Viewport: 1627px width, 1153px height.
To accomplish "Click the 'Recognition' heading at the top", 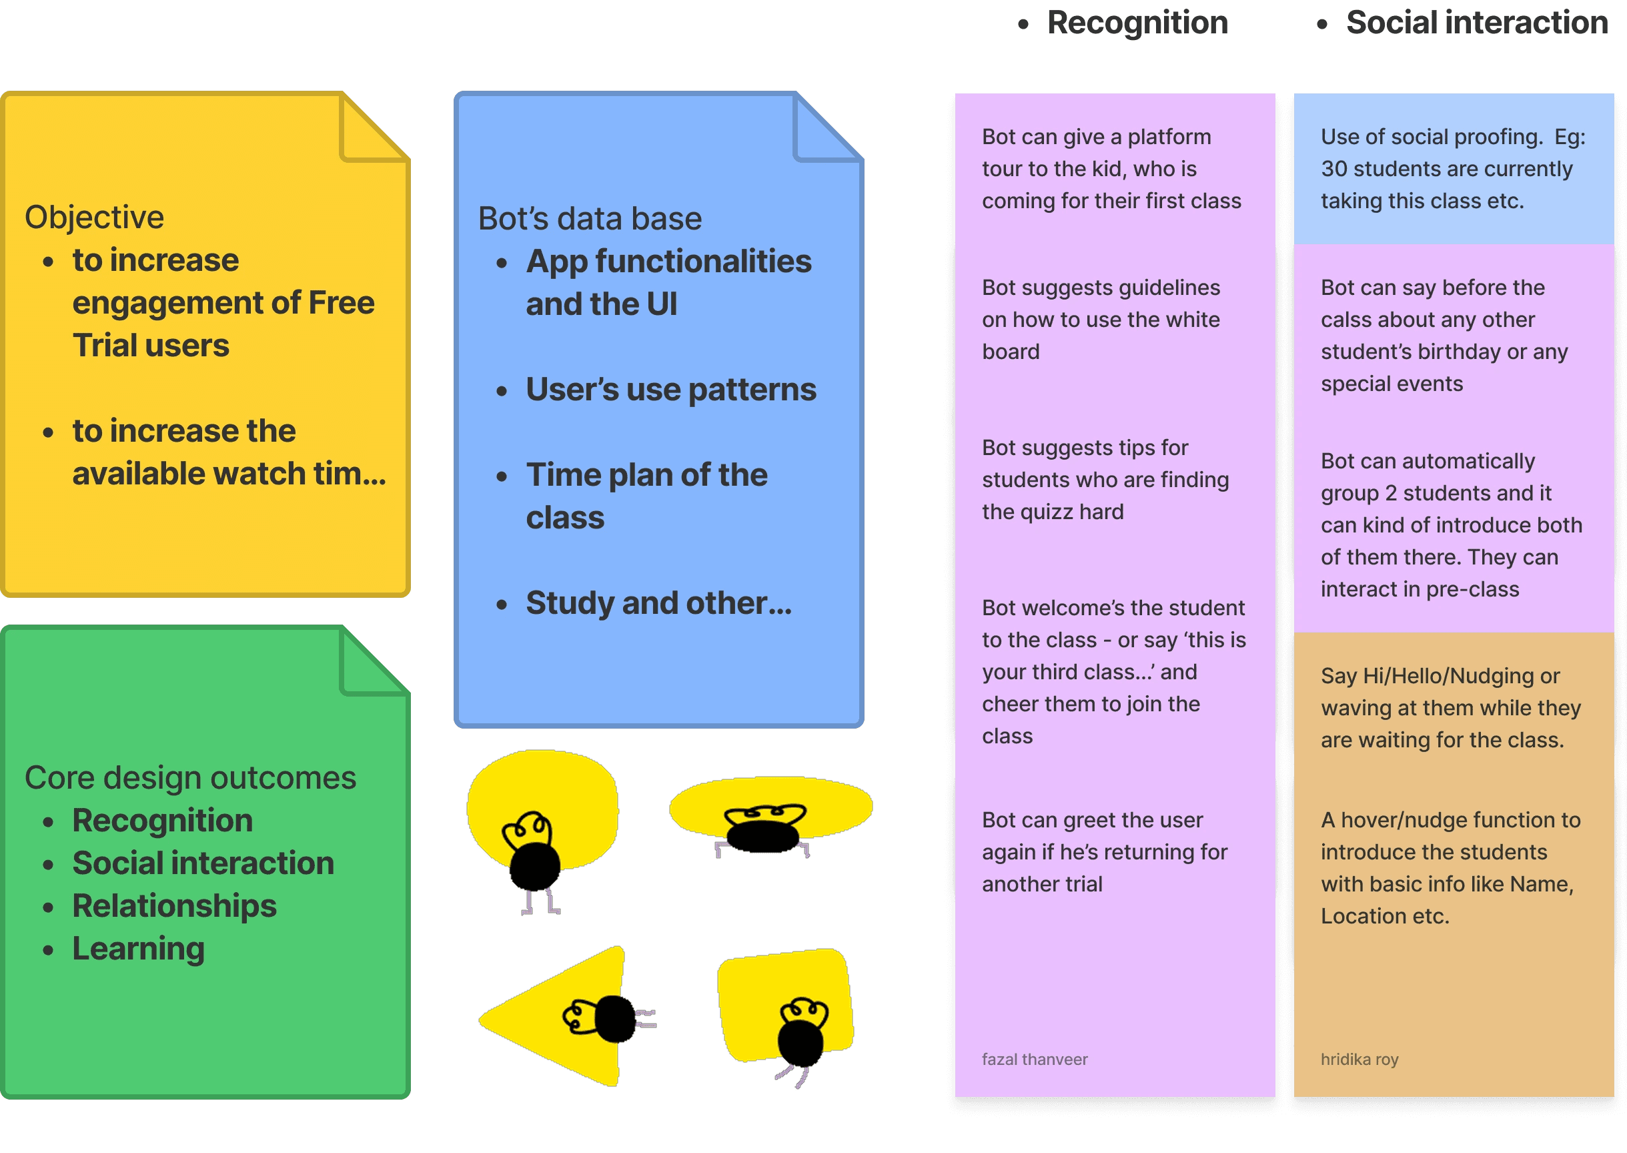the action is pyautogui.click(x=1137, y=23).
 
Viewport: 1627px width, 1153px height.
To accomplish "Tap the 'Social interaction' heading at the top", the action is pyautogui.click(x=1476, y=23).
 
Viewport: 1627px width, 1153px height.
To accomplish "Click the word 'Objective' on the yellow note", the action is pyautogui.click(x=95, y=218).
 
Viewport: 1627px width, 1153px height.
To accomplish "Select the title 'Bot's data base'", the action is pyautogui.click(x=590, y=219).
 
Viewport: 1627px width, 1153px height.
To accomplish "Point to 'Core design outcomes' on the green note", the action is pyautogui.click(x=190, y=778).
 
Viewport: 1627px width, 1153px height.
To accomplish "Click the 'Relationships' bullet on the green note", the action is pyautogui.click(x=174, y=906).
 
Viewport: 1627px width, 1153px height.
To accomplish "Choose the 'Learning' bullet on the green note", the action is pyautogui.click(x=139, y=949).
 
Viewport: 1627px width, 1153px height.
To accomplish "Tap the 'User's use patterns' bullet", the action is pyautogui.click(x=671, y=390).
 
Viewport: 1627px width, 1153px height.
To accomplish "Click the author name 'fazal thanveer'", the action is pyautogui.click(x=1034, y=1060).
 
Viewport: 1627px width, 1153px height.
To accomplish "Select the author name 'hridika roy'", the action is pyautogui.click(x=1360, y=1060).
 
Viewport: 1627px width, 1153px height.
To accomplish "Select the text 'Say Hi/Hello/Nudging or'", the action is pyautogui.click(x=1440, y=676).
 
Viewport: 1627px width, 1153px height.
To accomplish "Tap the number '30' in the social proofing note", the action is pyautogui.click(x=1334, y=169).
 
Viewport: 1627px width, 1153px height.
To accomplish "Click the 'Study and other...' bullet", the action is pyautogui.click(x=658, y=603).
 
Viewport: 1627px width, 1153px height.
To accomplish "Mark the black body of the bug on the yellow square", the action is pyautogui.click(x=800, y=1042).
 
